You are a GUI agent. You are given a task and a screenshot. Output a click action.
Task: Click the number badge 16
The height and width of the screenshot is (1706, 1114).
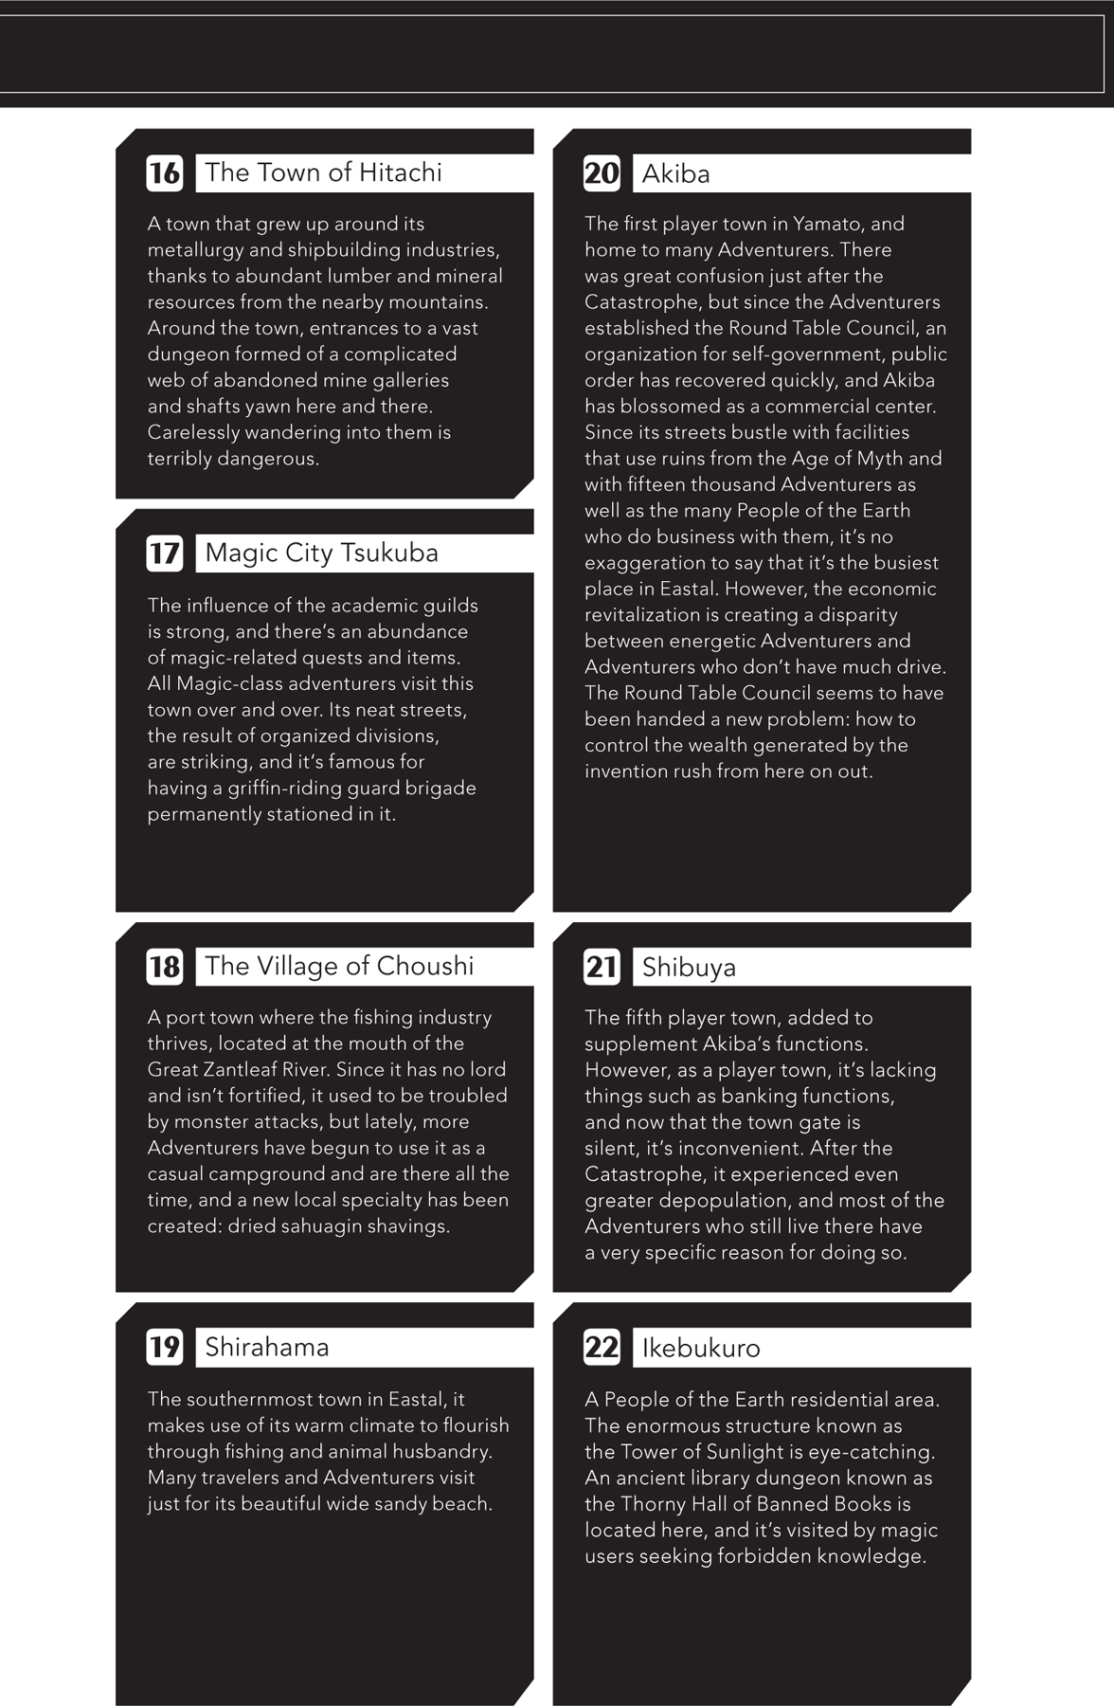[x=164, y=173]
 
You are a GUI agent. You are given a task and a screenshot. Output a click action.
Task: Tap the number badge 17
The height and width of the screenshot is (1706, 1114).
[x=164, y=554]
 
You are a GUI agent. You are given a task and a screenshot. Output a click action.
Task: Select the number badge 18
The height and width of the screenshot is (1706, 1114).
[x=164, y=967]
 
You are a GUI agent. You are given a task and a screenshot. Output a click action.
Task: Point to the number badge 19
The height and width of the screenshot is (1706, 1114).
[x=164, y=1347]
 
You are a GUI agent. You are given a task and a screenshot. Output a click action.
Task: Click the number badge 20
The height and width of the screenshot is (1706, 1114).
[x=602, y=173]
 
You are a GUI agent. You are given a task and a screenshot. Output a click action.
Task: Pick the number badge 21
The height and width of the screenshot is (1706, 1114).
[x=602, y=968]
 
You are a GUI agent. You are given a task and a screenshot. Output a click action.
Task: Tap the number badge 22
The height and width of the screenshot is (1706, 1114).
[x=602, y=1348]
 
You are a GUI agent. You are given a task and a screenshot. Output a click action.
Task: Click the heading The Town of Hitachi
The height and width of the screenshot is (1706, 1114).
[x=323, y=172]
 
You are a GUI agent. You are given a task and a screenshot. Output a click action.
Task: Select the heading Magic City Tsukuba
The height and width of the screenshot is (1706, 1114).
[x=321, y=553]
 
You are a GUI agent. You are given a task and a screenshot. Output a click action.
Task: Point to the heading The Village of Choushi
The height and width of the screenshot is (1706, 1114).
[x=339, y=966]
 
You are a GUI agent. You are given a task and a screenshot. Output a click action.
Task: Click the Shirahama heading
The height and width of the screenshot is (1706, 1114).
[x=267, y=1347]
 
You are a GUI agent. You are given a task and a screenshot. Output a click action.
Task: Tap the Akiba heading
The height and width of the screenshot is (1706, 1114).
[x=675, y=173]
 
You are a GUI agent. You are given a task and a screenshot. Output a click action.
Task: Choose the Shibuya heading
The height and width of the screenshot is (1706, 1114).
[x=689, y=968]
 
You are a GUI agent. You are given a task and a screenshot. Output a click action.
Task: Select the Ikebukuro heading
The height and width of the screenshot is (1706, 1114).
[x=701, y=1348]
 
